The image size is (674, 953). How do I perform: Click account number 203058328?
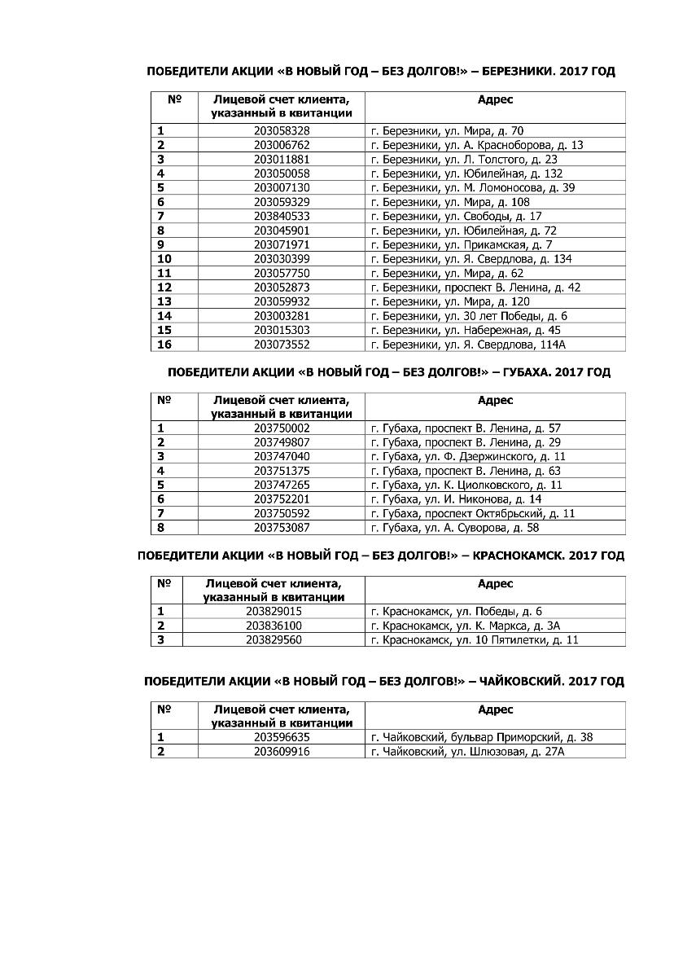[282, 130]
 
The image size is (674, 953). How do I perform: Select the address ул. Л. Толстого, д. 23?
[464, 159]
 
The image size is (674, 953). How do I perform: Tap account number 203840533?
[282, 216]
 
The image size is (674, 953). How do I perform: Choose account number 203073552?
[282, 345]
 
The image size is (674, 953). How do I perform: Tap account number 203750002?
[282, 428]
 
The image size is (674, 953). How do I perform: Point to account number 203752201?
[282, 499]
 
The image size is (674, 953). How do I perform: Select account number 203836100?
[274, 626]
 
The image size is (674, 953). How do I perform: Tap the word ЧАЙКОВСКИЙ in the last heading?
[522, 681]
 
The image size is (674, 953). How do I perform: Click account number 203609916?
[282, 752]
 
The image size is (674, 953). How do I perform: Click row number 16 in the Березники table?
[165, 345]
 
